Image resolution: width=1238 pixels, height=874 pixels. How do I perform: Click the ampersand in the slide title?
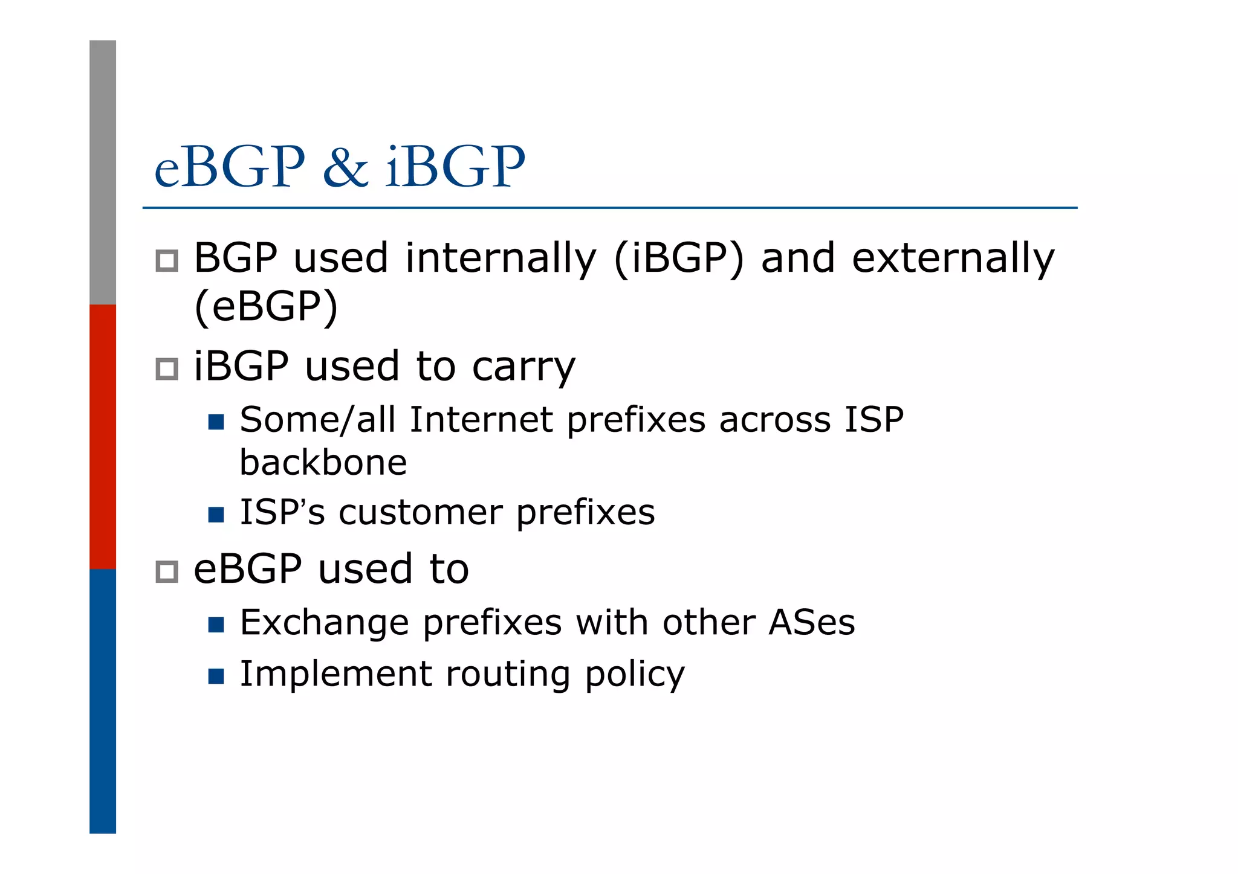[345, 167]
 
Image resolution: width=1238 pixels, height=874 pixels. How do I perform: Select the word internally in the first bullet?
[501, 259]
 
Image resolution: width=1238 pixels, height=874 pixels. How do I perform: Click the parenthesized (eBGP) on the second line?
[266, 307]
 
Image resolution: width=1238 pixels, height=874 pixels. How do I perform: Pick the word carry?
[523, 367]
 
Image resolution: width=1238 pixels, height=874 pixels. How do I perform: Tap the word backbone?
[323, 463]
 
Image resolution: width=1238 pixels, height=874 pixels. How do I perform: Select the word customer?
[420, 512]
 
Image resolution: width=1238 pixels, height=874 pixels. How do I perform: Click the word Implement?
[336, 674]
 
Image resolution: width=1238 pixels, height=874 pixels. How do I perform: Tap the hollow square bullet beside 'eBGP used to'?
[167, 571]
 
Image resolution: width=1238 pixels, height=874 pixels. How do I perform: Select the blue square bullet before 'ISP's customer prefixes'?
[216, 515]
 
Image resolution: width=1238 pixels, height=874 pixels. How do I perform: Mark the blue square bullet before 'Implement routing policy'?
[216, 676]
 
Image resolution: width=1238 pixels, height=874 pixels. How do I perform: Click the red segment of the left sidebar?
[103, 436]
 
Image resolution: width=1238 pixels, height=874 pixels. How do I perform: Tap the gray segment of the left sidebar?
[103, 172]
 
